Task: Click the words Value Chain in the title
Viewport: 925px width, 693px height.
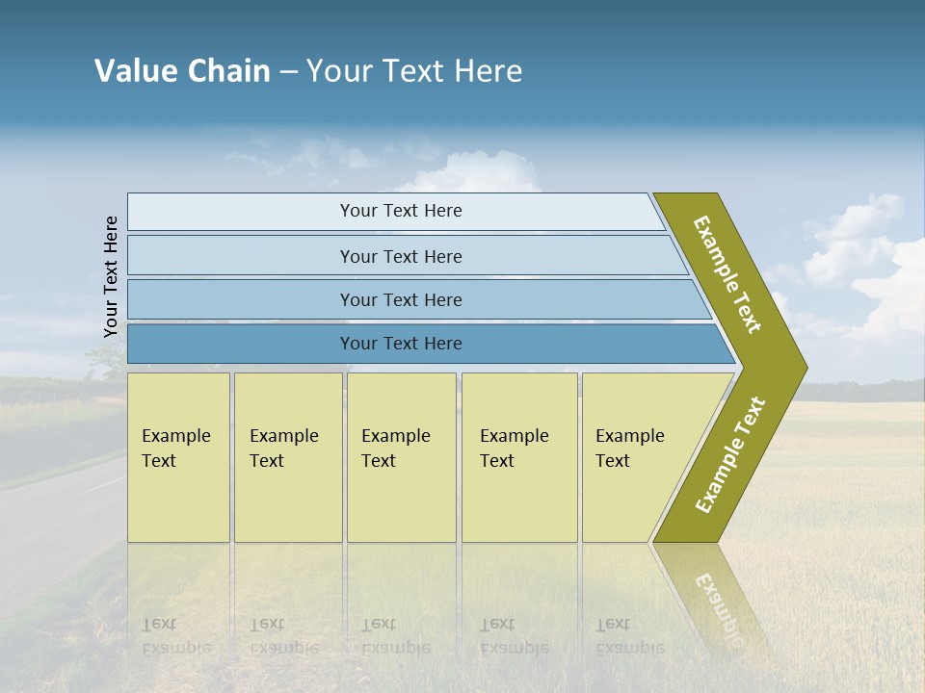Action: pyautogui.click(x=182, y=71)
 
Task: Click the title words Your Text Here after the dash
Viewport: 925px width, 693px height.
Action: pyautogui.click(x=414, y=71)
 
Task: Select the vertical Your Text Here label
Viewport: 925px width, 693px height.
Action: pyautogui.click(x=111, y=276)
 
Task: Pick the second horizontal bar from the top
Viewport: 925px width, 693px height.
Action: pyautogui.click(x=400, y=256)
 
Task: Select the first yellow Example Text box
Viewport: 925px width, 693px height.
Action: pyautogui.click(x=178, y=457)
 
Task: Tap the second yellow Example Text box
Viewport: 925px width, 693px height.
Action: pyautogui.click(x=288, y=457)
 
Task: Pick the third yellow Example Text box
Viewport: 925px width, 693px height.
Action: pyautogui.click(x=401, y=457)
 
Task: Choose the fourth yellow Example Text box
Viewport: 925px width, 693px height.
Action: pyautogui.click(x=519, y=457)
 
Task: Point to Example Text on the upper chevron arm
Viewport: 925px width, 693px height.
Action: pyautogui.click(x=728, y=274)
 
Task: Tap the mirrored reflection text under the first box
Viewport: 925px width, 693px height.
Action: pyautogui.click(x=176, y=636)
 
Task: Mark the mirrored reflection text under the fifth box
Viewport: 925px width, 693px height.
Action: pyautogui.click(x=630, y=636)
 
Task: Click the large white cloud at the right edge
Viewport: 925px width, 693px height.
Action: pyautogui.click(x=891, y=289)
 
